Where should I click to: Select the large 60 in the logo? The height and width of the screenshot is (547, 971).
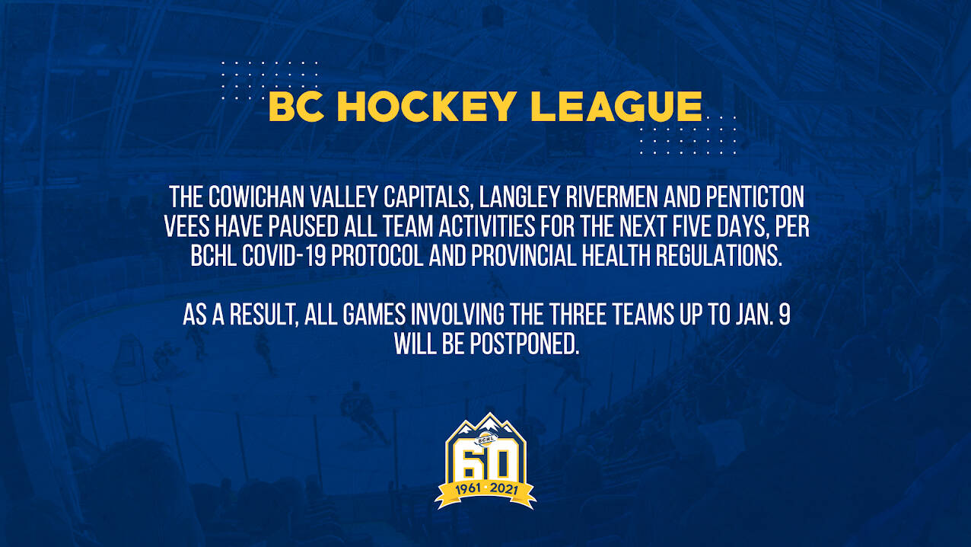pyautogui.click(x=485, y=464)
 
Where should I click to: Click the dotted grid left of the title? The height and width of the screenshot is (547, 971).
pyautogui.click(x=269, y=80)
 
